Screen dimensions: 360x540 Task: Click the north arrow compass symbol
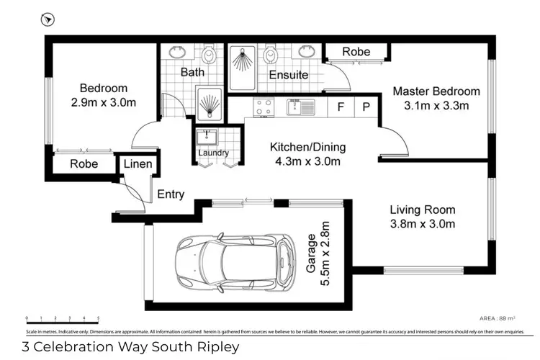point(48,20)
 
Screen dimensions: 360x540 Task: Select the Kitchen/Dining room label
point(307,148)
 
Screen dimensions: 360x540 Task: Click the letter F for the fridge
point(341,107)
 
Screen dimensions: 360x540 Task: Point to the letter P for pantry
point(366,107)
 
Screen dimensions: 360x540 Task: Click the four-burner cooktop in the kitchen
point(264,107)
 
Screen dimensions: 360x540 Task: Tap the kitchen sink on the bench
point(300,107)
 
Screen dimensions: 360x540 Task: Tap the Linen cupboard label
point(138,164)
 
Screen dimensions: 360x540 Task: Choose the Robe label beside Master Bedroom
point(356,52)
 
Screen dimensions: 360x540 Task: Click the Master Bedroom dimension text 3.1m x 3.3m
point(436,106)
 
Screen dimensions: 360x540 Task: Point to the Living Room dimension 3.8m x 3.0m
point(422,224)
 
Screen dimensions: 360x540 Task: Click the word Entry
point(171,194)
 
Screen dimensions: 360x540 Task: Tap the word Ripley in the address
point(215,347)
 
